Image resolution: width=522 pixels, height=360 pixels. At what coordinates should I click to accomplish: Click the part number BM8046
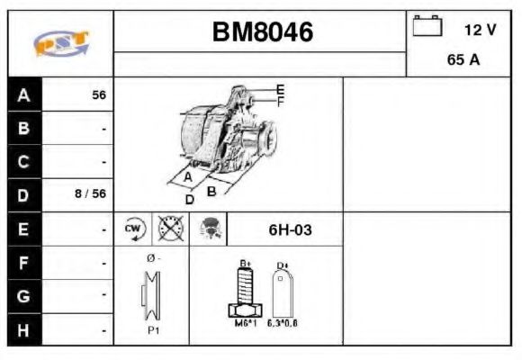[x=262, y=32]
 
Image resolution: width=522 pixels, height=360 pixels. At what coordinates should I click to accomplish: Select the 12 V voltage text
[x=480, y=30]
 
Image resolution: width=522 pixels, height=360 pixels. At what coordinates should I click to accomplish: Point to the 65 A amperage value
[x=463, y=61]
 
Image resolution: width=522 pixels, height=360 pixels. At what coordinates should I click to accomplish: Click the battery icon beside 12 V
[x=427, y=27]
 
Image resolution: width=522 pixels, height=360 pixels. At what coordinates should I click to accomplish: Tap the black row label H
[x=23, y=330]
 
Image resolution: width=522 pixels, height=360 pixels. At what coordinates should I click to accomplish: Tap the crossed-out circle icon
[x=167, y=229]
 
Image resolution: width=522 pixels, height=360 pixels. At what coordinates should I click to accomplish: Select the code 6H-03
[x=290, y=229]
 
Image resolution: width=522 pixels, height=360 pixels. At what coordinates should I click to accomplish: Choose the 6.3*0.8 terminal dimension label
[x=282, y=321]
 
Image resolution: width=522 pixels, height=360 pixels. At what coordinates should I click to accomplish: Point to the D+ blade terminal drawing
[x=282, y=290]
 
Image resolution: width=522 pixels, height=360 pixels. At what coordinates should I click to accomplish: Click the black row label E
[x=23, y=229]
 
